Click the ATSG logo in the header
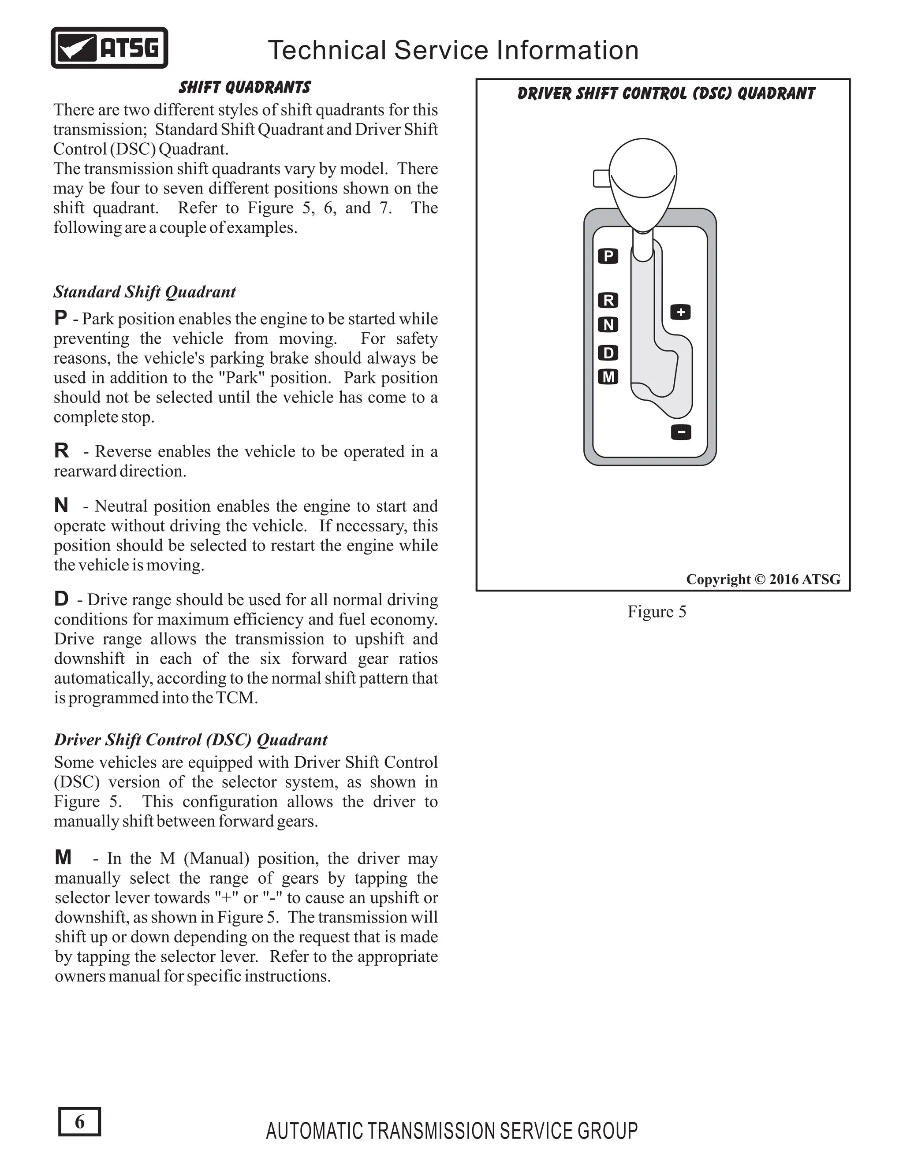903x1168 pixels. (109, 48)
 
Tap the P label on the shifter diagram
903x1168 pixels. (608, 256)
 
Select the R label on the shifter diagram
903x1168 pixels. (608, 301)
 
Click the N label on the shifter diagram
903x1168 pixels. (608, 325)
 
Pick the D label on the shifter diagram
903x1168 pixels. (608, 353)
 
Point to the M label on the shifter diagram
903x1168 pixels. (608, 377)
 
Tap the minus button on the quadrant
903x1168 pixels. (681, 431)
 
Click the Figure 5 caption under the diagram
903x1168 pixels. (657, 611)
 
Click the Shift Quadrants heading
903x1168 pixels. (244, 87)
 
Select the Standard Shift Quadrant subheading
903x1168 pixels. (145, 292)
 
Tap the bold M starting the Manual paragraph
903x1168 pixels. (63, 858)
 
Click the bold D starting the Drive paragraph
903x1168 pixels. (61, 599)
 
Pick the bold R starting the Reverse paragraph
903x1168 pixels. (62, 451)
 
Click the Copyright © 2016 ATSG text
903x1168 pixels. (763, 579)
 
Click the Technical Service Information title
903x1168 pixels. (453, 50)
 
